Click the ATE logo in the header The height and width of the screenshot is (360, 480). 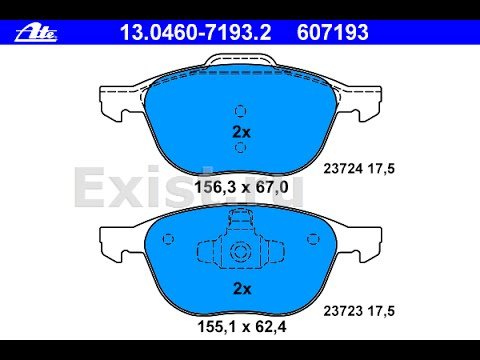pos(36,33)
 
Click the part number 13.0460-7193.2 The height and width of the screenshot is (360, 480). pos(195,32)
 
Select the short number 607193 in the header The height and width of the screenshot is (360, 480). pos(333,32)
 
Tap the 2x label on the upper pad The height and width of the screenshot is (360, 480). pos(241,133)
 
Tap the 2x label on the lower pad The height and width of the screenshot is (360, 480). pos(242,289)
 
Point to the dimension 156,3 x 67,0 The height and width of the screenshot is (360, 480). pos(241,187)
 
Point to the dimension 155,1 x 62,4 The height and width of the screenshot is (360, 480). pos(242,326)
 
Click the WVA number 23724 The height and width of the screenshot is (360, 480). pos(343,169)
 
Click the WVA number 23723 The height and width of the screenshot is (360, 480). pos(343,311)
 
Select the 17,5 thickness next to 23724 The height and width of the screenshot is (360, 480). pos(381,169)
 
